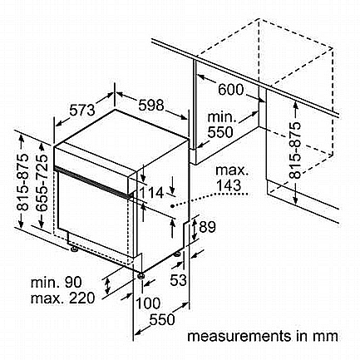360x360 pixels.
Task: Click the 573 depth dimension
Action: [81, 111]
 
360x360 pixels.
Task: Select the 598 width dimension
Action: [151, 106]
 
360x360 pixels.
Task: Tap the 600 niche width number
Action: [230, 89]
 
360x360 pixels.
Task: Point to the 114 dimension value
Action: [151, 193]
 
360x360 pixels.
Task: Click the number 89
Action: [207, 227]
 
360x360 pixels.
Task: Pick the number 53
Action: [178, 280]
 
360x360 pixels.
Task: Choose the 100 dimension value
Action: [148, 303]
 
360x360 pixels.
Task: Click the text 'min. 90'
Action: [57, 283]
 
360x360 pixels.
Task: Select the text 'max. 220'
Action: [62, 298]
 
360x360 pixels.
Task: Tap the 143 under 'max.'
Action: [229, 185]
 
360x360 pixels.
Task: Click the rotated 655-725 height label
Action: [42, 183]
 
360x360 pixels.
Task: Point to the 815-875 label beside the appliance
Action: [23, 182]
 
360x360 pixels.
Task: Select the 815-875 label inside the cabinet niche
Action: [295, 150]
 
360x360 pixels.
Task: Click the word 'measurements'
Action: [239, 336]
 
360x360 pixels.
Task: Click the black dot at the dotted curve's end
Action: [172, 206]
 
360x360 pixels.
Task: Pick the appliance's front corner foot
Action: [141, 276]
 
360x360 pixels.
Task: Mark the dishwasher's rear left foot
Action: [74, 249]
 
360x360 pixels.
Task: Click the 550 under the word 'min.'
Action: [220, 132]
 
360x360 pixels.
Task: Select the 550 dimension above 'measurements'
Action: [162, 319]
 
